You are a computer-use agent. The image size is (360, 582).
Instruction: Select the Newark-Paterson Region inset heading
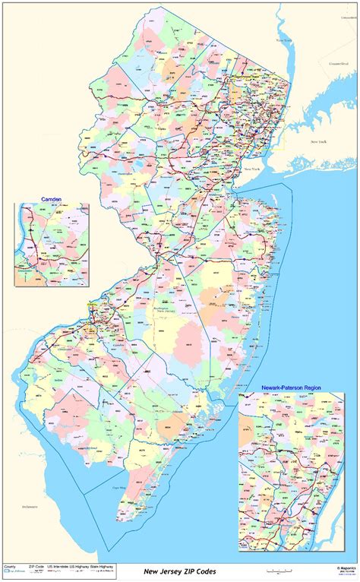291,387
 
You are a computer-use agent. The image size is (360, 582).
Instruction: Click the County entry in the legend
10,567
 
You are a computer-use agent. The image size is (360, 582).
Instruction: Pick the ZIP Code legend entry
36,567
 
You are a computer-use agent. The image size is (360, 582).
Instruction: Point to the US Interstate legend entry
60,567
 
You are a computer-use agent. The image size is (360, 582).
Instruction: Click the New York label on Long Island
317,142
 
